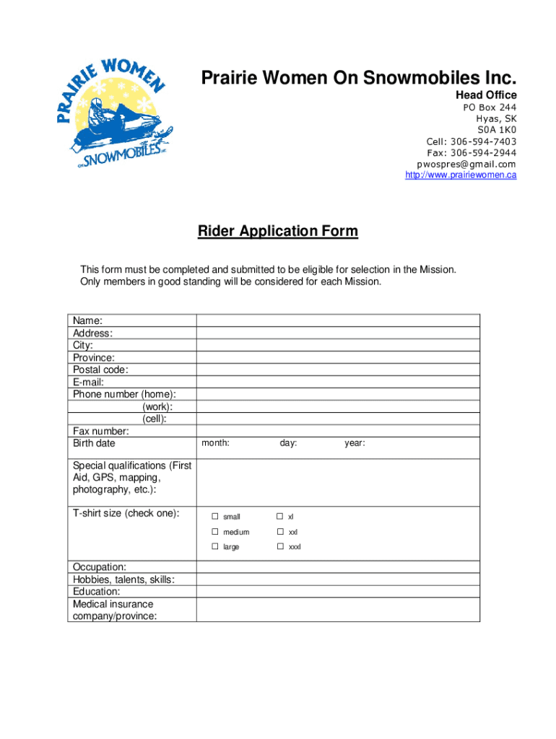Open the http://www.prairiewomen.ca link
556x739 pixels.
point(461,175)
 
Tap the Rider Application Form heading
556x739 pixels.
point(278,232)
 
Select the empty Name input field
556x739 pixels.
point(338,320)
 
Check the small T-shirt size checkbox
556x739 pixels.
point(214,517)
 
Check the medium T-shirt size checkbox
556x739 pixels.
point(214,532)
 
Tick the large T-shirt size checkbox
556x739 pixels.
point(214,547)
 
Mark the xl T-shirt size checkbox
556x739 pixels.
point(280,517)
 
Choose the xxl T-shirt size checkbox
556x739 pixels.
point(280,532)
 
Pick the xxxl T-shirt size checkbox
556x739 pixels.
point(280,547)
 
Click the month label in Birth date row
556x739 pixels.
point(216,443)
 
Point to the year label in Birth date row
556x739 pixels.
point(355,443)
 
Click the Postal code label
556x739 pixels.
point(100,369)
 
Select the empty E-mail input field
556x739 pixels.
point(338,382)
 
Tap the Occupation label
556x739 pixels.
point(100,567)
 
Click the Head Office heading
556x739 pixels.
point(485,95)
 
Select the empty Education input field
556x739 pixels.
point(338,591)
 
